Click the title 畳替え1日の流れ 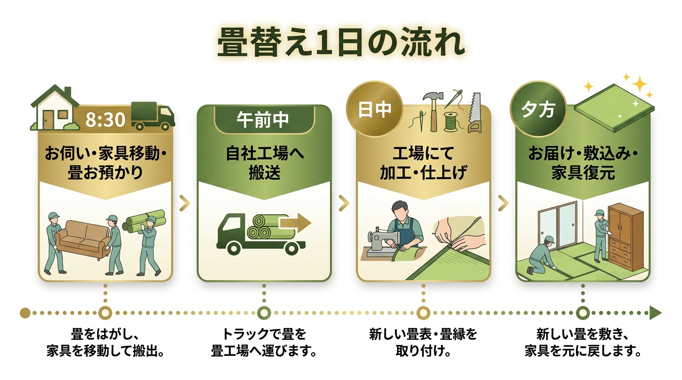[341, 44]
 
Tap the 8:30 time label [105, 120]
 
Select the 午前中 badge [264, 120]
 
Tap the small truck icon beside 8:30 [153, 116]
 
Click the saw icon [474, 113]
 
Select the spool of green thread [451, 122]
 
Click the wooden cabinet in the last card [625, 237]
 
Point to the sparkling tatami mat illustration [612, 109]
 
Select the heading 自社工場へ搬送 [264, 164]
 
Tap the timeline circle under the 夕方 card [583, 313]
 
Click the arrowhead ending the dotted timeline [655, 313]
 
